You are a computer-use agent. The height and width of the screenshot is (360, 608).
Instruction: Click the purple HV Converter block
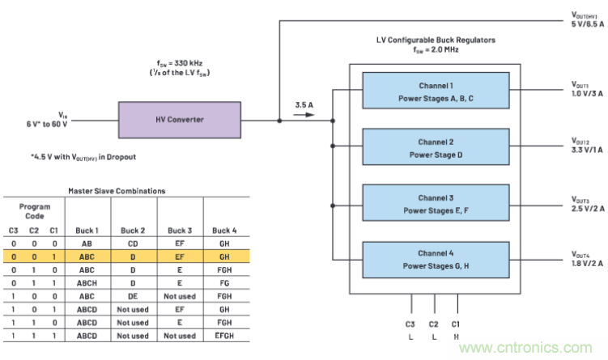click(180, 119)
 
